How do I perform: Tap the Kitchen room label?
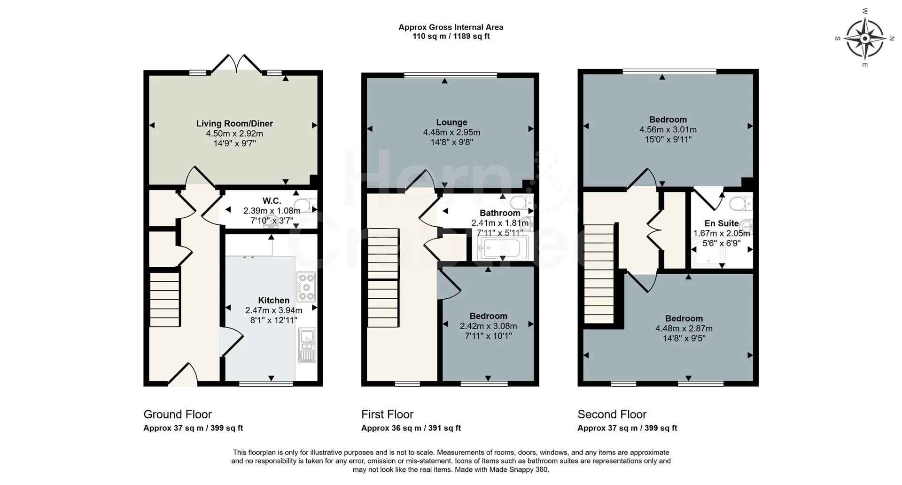tap(273, 300)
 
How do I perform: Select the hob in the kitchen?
tap(306, 286)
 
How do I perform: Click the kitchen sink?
tap(307, 346)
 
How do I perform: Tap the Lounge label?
tap(451, 122)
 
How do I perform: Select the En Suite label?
tap(721, 223)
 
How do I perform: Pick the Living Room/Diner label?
tap(234, 123)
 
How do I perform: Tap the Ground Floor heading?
tap(178, 414)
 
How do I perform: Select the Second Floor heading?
tap(612, 414)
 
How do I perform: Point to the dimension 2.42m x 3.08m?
tap(488, 326)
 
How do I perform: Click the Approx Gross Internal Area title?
tap(451, 27)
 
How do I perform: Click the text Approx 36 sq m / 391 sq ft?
tap(411, 428)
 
